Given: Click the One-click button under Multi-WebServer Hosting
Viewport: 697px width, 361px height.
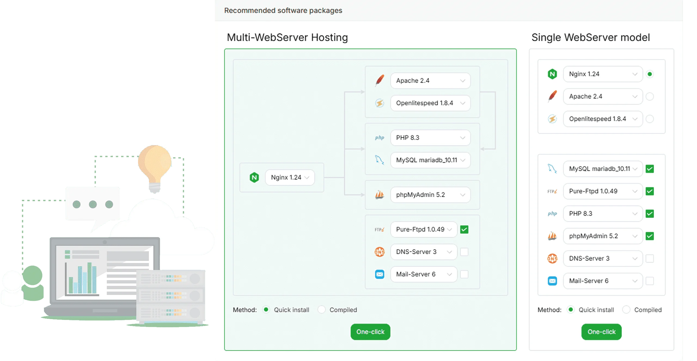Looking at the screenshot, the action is [370, 332].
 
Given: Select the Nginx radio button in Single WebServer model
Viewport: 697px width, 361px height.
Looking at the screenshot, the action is [649, 74].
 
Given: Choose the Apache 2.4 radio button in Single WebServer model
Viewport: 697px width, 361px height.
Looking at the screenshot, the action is [649, 96].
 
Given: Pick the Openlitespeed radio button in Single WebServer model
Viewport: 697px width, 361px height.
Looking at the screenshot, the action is [649, 119].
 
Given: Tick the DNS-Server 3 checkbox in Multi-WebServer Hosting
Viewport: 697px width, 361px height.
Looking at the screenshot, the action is [464, 252].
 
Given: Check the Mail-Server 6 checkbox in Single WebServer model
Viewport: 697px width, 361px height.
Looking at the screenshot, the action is [649, 281].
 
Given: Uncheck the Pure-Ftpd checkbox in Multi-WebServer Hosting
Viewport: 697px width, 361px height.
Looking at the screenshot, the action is [464, 230].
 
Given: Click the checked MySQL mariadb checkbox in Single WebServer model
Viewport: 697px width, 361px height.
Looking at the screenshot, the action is [649, 169].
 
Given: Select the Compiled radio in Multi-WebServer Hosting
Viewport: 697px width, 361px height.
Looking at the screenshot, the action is [321, 310].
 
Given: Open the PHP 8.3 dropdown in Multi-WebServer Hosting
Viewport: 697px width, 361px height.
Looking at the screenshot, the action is [430, 138].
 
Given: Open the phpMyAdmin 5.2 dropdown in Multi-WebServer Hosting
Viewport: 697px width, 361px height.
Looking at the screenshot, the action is [430, 195].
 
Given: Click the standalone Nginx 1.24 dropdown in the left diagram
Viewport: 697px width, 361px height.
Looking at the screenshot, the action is [290, 178].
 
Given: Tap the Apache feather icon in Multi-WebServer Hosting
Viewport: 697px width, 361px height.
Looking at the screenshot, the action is [380, 80].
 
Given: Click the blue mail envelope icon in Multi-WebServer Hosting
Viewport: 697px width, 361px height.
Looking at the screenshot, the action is [379, 274].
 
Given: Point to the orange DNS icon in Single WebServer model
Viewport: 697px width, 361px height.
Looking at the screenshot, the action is [552, 258].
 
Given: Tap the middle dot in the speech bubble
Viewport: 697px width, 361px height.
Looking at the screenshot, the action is [93, 204].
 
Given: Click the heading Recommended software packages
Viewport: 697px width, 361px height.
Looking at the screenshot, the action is [283, 10].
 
